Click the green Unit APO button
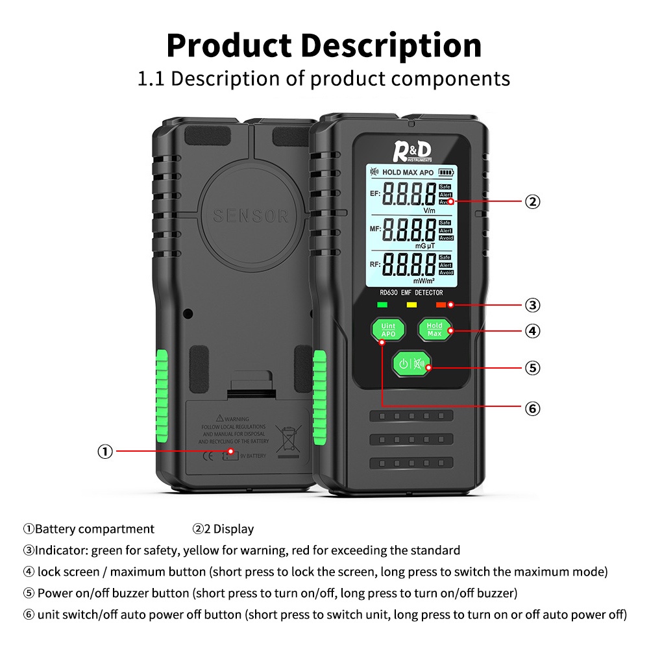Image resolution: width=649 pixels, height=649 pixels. click(x=388, y=329)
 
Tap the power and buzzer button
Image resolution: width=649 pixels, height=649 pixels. click(x=411, y=364)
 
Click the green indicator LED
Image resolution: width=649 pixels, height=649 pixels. click(x=382, y=304)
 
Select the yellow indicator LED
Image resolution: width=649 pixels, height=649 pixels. click(x=411, y=304)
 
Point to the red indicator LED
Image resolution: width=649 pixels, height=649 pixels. click(x=441, y=304)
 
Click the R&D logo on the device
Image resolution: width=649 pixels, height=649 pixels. click(x=412, y=152)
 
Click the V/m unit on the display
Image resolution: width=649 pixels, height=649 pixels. click(x=430, y=211)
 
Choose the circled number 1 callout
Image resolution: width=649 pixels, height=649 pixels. click(x=105, y=452)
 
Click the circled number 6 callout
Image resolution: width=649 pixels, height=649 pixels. click(x=532, y=408)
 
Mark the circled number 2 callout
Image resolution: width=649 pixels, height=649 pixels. click(x=532, y=201)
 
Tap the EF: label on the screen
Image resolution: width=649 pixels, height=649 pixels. click(x=374, y=193)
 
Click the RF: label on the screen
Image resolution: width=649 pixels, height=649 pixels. click(x=374, y=264)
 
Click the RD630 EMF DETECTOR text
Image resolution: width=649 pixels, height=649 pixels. click(x=411, y=293)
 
